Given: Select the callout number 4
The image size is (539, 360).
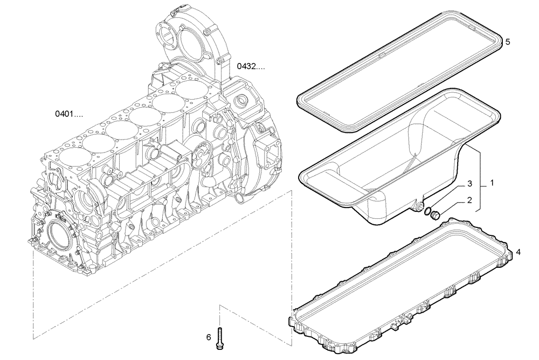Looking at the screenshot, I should pos(519,252).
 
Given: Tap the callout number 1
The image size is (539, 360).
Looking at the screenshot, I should pos(491,183).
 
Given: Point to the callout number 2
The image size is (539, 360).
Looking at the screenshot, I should pos(469,200).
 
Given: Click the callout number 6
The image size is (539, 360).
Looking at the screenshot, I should pos(208,338).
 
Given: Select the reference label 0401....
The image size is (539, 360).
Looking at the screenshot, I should pos(68,114).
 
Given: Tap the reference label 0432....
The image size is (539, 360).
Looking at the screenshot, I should pos(251,67).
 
